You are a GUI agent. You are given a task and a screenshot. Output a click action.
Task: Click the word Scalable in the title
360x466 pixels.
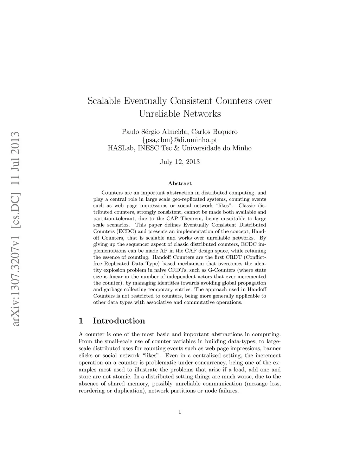[x=104, y=101]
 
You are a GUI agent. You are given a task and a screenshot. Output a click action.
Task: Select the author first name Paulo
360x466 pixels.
[x=130, y=132]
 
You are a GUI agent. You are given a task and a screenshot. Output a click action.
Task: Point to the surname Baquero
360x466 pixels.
[x=224, y=132]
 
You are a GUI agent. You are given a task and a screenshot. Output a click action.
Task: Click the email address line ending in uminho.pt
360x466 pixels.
[x=180, y=140]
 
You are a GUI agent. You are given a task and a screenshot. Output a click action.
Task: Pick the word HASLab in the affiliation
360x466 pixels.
[x=121, y=148]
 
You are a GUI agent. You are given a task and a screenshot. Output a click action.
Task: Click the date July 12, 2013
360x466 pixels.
[x=180, y=162]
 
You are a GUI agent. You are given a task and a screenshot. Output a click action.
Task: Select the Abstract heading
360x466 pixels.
[x=180, y=184]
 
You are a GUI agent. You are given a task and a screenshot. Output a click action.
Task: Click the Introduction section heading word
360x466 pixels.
[x=119, y=321]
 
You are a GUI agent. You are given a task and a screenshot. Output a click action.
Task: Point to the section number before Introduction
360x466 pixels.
[x=81, y=321]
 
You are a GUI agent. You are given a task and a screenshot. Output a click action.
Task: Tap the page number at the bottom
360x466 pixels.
[x=180, y=412]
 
